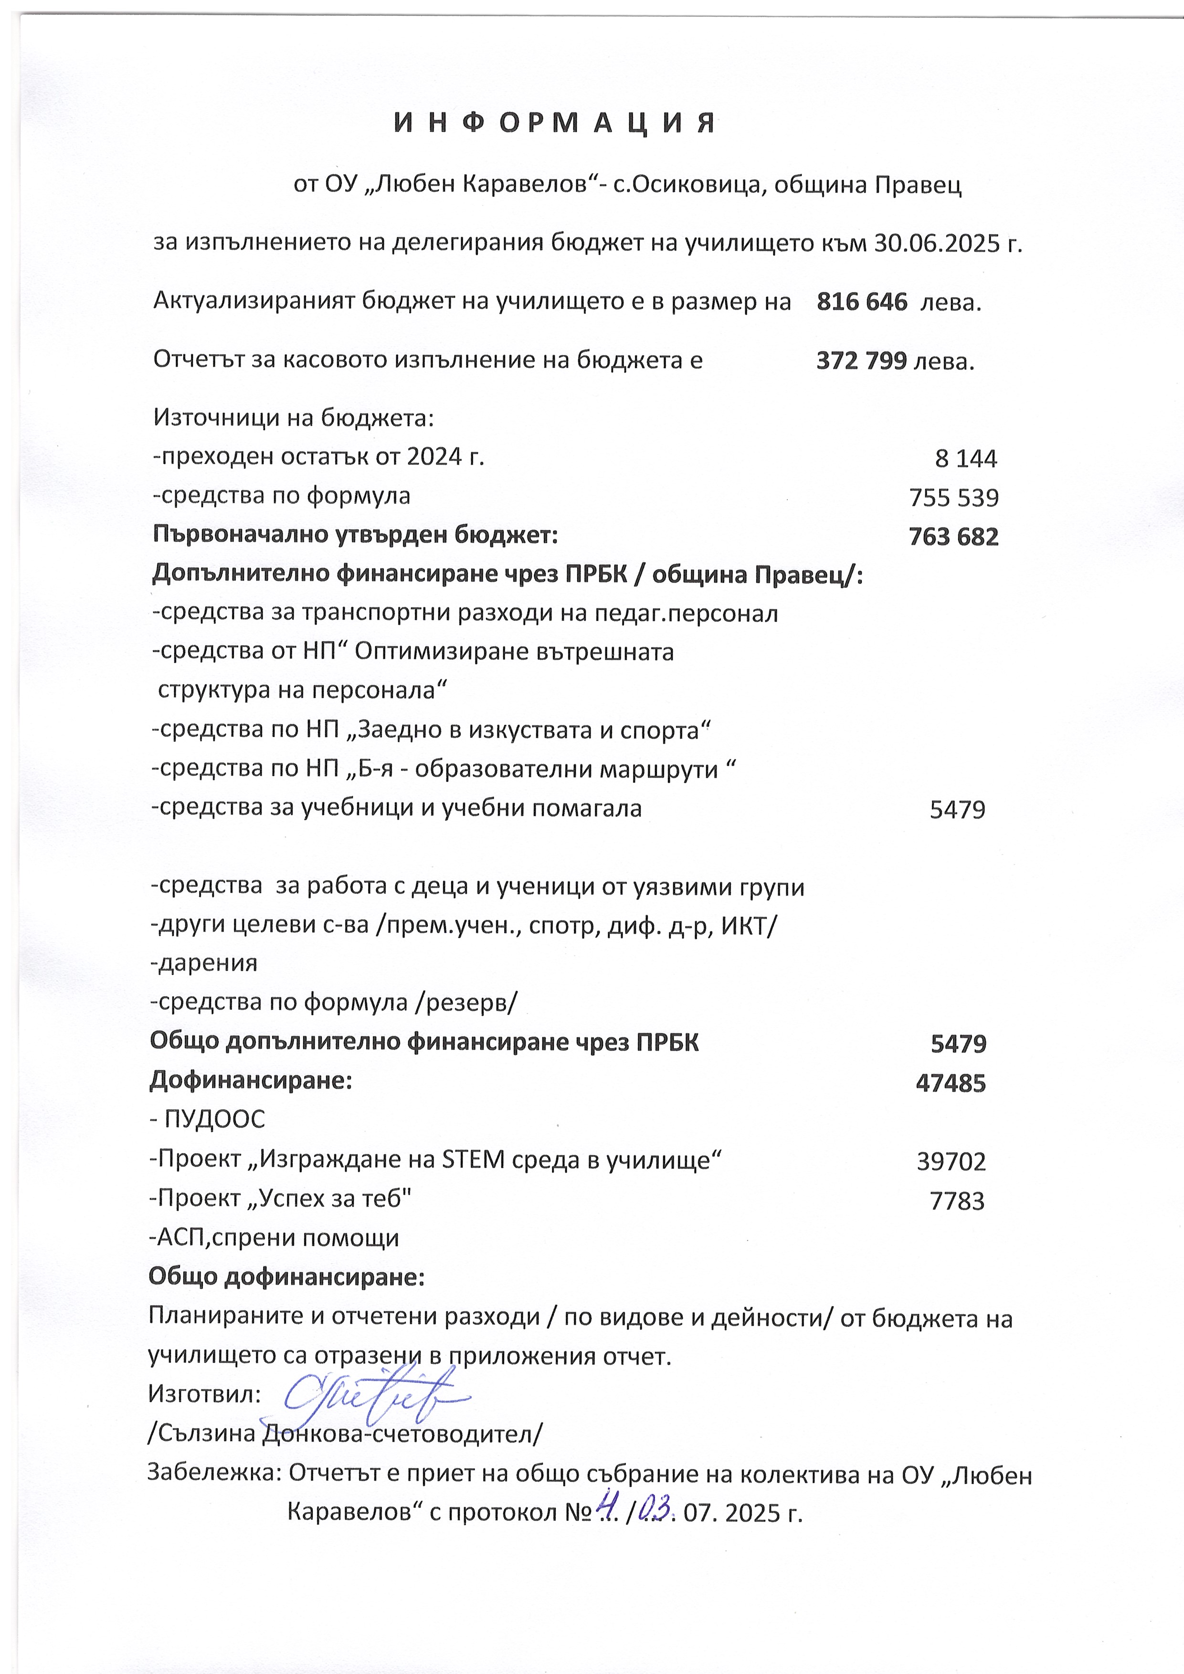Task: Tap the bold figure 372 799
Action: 861,360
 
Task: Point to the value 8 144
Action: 965,459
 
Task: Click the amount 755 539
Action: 953,498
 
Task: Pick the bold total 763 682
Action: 953,537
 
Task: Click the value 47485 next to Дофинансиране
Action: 951,1083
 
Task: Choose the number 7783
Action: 957,1201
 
